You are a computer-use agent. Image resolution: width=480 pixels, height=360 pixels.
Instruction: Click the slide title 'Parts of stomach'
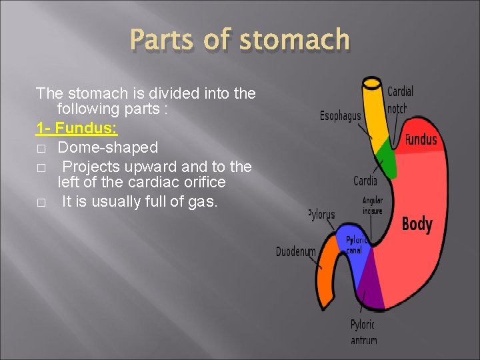pyautogui.click(x=240, y=40)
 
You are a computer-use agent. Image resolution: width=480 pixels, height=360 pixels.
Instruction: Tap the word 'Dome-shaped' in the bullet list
pyautogui.click(x=108, y=147)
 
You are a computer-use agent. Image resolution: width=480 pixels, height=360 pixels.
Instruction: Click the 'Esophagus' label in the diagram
pyautogui.click(x=340, y=116)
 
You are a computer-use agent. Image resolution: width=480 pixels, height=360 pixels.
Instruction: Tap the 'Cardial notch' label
pyautogui.click(x=400, y=99)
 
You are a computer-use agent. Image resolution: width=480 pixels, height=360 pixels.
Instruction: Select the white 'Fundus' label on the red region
pyautogui.click(x=421, y=139)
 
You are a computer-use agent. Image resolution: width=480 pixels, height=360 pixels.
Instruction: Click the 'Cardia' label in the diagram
pyautogui.click(x=365, y=180)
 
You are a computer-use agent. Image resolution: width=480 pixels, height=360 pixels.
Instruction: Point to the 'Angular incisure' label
pyautogui.click(x=372, y=205)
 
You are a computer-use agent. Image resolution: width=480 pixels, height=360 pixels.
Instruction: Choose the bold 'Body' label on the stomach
pyautogui.click(x=417, y=224)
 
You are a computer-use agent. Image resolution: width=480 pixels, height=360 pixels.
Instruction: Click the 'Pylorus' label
pyautogui.click(x=322, y=215)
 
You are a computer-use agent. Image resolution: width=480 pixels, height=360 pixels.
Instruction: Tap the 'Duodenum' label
pyautogui.click(x=295, y=252)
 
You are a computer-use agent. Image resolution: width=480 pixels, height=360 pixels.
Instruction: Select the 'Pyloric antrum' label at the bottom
pyautogui.click(x=363, y=332)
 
